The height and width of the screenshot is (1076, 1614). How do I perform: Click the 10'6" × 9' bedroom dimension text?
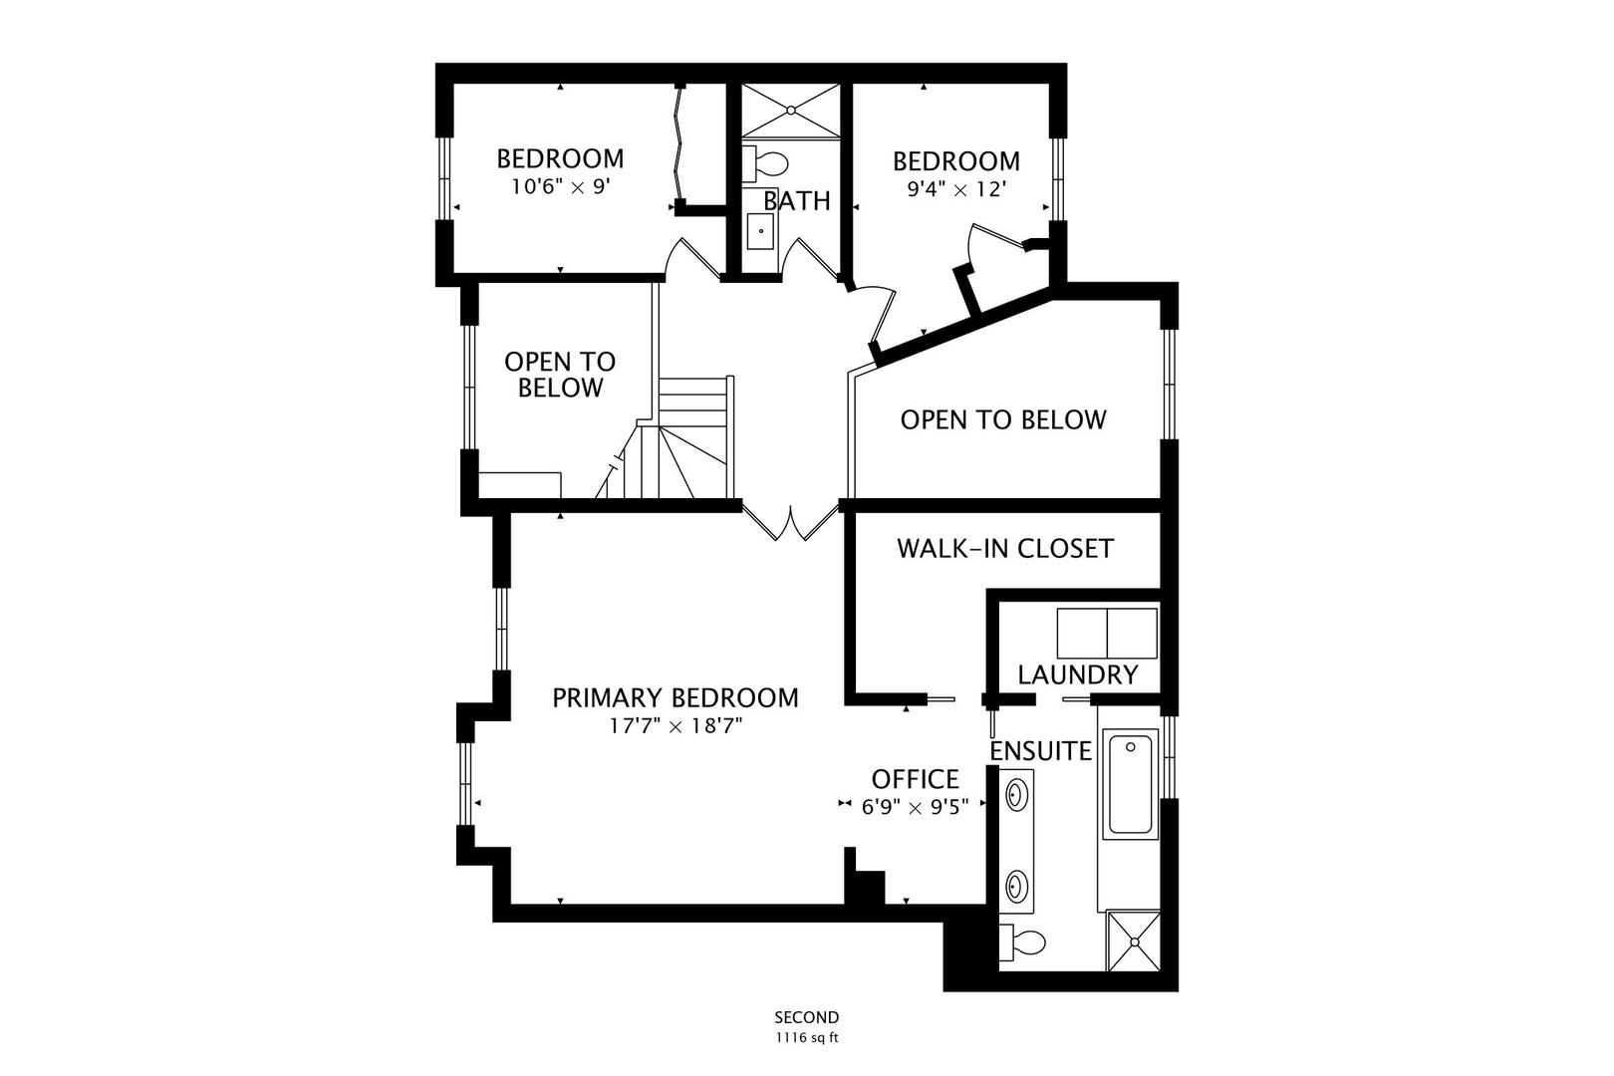[559, 186]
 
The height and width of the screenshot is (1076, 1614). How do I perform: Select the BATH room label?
[797, 201]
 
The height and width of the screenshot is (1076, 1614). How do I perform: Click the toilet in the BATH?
[768, 162]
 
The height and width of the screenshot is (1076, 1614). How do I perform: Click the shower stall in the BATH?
[792, 110]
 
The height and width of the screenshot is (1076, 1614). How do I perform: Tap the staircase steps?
[694, 438]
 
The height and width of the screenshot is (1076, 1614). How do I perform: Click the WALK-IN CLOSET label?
[1004, 549]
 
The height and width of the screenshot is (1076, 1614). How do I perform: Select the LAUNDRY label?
[1077, 675]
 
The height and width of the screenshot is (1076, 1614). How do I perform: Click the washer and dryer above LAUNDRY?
[1106, 633]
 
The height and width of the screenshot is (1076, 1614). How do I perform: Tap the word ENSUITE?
[1040, 751]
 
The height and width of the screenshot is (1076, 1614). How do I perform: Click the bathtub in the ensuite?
[1130, 784]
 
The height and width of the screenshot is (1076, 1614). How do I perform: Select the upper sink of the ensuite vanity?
[1016, 795]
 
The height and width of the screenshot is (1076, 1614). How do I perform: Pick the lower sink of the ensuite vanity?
[1016, 883]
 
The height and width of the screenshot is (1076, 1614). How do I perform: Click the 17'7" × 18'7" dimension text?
[675, 726]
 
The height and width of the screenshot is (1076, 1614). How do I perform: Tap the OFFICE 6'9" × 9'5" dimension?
[915, 807]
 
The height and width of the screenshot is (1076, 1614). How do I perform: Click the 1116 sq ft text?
[807, 1037]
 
